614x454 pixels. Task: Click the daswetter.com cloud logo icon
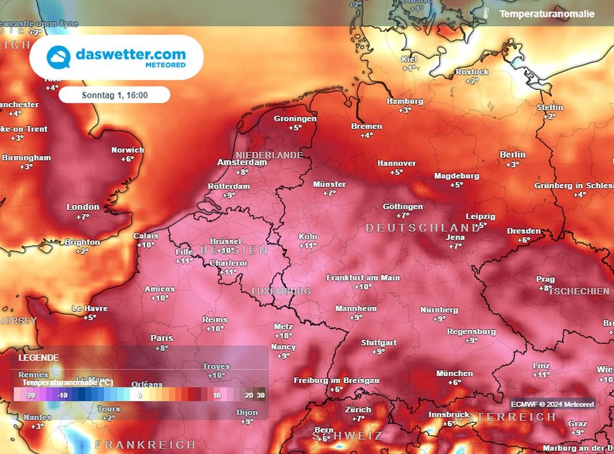(x=59, y=57)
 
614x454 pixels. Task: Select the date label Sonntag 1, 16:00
(x=115, y=95)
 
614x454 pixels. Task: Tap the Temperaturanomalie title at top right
(x=547, y=13)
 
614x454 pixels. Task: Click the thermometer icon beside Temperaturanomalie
(x=486, y=13)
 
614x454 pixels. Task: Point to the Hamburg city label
(x=405, y=101)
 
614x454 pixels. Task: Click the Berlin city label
(x=512, y=155)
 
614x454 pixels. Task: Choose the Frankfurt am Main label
(x=363, y=278)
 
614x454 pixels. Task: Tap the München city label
(x=455, y=373)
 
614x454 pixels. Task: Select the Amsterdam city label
(x=242, y=162)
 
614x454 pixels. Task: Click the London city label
(x=83, y=207)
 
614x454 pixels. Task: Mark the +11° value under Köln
(x=308, y=246)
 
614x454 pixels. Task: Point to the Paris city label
(x=161, y=338)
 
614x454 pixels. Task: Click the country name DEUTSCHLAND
(x=423, y=228)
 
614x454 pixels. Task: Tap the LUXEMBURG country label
(x=281, y=291)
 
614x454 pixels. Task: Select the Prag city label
(x=546, y=279)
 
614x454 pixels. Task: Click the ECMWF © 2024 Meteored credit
(x=552, y=404)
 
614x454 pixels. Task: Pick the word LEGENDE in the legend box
(x=38, y=358)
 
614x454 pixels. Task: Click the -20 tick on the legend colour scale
(x=31, y=395)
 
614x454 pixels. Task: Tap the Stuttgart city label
(x=378, y=343)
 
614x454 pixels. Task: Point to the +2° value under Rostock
(x=472, y=80)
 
